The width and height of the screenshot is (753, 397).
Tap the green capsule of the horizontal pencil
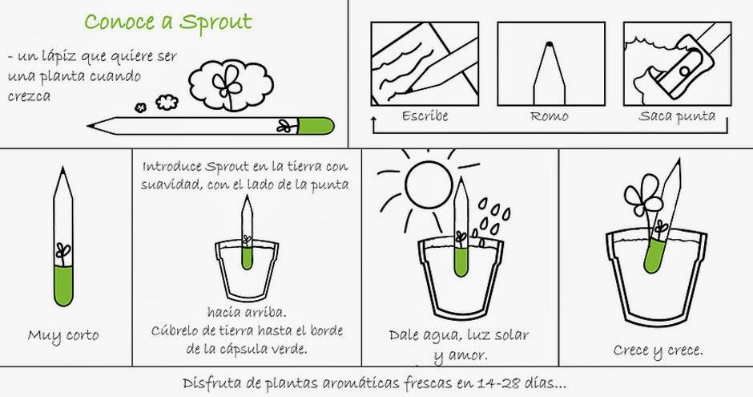pos(316,126)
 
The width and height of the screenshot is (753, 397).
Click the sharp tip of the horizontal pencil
pos(88,127)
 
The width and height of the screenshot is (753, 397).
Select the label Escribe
pos(425,116)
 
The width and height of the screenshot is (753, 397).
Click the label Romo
pos(550,116)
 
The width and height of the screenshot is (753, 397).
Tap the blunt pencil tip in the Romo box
pos(550,45)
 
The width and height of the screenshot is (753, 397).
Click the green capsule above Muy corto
pos(63,286)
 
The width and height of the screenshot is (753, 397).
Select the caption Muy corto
pos(63,335)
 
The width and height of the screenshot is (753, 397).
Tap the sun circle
pos(429,184)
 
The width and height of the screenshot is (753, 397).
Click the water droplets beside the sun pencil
pos(492,219)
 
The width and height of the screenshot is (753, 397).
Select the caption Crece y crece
pos(658,350)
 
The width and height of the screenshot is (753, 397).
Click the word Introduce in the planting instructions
pos(172,167)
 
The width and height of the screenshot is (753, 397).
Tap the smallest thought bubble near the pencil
pos(140,107)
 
